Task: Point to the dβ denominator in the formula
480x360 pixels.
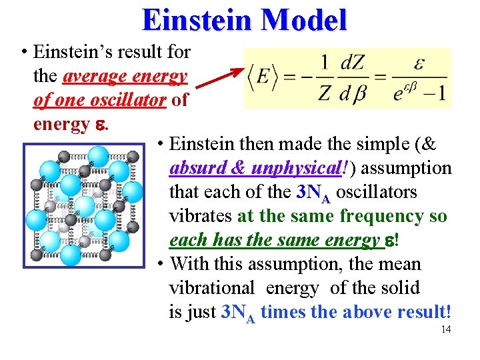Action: [353, 93]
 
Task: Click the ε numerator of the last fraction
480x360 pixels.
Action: [420, 64]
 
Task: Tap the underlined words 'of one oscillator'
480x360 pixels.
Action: [101, 100]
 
